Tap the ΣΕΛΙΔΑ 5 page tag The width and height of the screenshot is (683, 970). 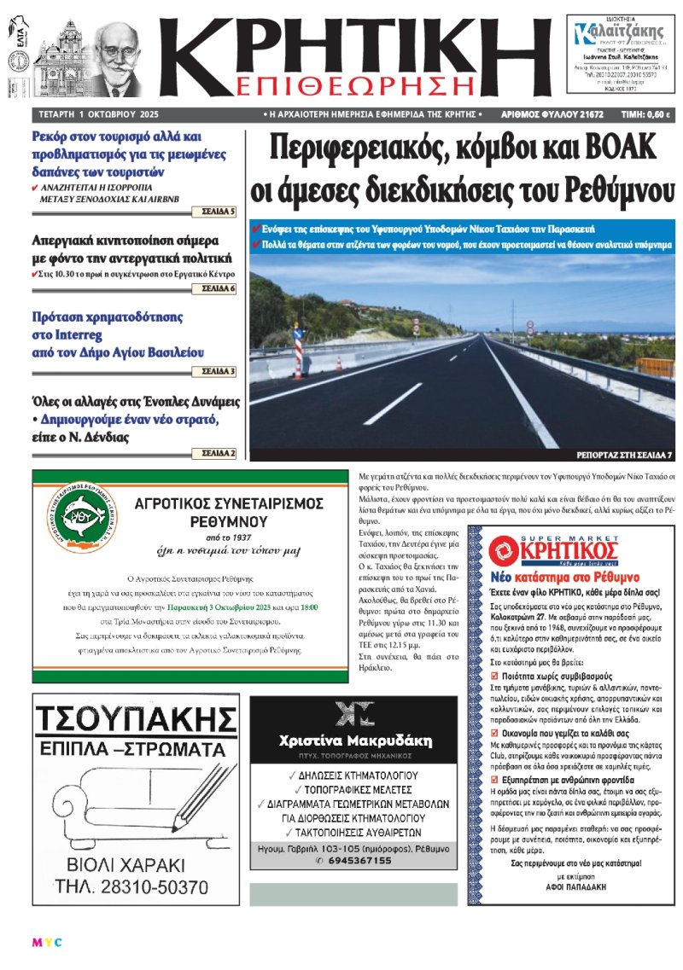click(220, 211)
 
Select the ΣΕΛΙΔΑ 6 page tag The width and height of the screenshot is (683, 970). click(219, 289)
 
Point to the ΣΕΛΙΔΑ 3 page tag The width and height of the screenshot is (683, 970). click(220, 372)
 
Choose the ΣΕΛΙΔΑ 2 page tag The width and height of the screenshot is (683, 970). click(219, 453)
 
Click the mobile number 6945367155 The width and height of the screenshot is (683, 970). click(353, 861)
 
